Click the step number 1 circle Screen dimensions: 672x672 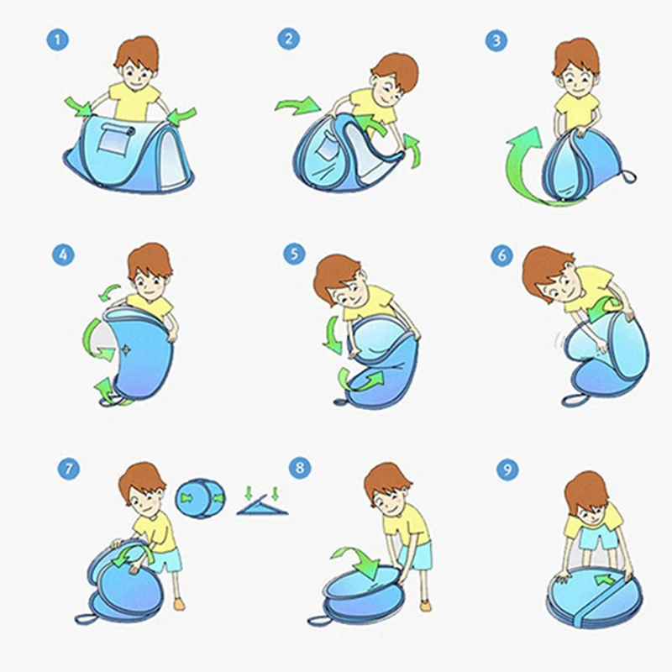coord(57,39)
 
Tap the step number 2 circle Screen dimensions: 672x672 coord(288,39)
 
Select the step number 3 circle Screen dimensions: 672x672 coord(496,40)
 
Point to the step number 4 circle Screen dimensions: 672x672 coord(63,255)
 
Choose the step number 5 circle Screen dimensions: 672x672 coord(295,254)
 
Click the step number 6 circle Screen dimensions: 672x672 coord(501,255)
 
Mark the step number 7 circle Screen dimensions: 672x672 coord(69,469)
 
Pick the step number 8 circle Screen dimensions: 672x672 coord(300,467)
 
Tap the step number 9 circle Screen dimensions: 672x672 coord(507,470)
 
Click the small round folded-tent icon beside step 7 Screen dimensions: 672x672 coord(200,498)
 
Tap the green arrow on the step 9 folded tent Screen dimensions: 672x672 coord(605,580)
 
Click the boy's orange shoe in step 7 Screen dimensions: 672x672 coord(179,604)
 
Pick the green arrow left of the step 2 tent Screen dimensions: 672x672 coord(298,106)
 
